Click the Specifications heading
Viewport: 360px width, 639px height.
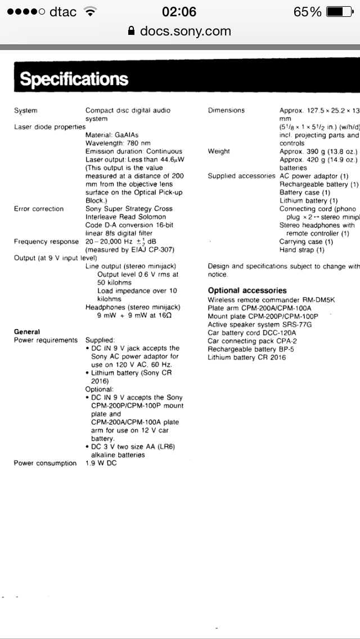[74, 80]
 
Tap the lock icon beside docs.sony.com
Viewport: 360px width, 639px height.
[132, 31]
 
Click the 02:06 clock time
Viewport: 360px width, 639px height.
[179, 12]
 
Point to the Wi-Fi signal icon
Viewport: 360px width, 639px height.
[89, 12]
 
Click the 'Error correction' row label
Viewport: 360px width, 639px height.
[39, 209]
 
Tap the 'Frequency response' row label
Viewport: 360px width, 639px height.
[46, 241]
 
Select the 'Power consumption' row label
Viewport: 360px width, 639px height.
[45, 463]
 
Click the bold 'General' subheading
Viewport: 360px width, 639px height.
[27, 332]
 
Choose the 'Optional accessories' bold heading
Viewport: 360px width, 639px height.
[247, 290]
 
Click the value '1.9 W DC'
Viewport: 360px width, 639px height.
[101, 463]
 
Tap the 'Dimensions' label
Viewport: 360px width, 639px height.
[226, 110]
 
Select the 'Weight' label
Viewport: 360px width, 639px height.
[219, 151]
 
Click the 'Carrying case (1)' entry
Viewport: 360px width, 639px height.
[306, 241]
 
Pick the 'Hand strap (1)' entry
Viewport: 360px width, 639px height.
[302, 250]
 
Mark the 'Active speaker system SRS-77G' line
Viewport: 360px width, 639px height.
[259, 325]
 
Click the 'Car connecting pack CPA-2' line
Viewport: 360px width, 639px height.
[252, 341]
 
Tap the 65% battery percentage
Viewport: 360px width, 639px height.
[307, 12]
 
